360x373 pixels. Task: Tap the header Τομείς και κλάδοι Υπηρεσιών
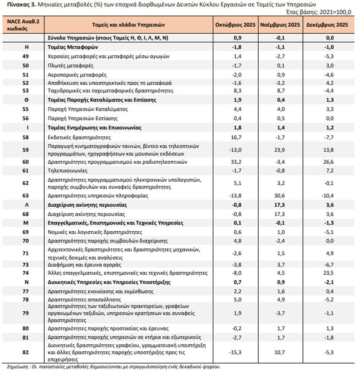point(128,25)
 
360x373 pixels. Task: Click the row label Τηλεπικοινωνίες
point(68,171)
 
